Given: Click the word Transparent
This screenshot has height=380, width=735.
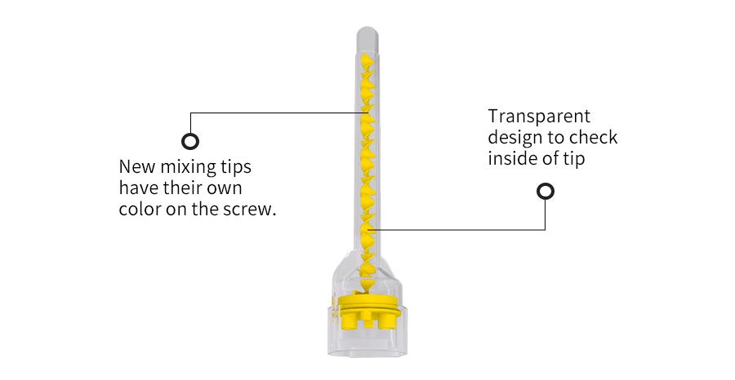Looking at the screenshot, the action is coord(539,117).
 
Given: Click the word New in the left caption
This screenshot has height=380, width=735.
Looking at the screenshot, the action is coord(137,166).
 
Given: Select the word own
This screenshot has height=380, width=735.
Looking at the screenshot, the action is coord(224,189).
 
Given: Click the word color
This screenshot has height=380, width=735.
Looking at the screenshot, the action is coord(140,209).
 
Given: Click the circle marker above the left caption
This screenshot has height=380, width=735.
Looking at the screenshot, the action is coord(189,141).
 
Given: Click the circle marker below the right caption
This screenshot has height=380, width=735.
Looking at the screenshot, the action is coord(546,192).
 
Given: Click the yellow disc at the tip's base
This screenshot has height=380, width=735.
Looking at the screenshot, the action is coord(368,304).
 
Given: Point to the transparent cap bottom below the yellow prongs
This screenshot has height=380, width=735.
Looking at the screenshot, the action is coord(368,344).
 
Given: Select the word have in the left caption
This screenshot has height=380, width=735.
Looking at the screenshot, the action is coord(139,188).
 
